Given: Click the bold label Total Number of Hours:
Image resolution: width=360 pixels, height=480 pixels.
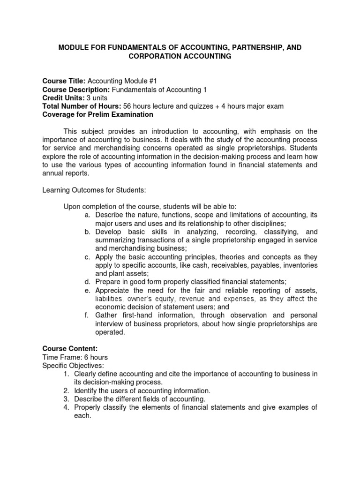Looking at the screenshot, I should coord(82,106).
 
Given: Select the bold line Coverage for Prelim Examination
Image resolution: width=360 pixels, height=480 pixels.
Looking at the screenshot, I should coord(97,115).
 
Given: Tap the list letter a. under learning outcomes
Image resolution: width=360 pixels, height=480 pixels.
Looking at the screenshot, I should coord(87,215).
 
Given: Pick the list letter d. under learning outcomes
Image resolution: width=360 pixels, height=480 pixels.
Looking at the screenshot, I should coord(87,281).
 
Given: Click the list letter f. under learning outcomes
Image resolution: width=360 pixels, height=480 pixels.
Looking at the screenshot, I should coord(88,315).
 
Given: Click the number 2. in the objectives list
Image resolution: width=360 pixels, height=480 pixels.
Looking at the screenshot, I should coord(66,390).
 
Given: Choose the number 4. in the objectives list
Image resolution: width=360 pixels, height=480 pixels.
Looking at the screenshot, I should coord(66,407).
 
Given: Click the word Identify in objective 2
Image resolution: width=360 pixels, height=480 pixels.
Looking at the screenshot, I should coord(86,390).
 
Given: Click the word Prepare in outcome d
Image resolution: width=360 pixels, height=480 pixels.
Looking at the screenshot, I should coord(108,281).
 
